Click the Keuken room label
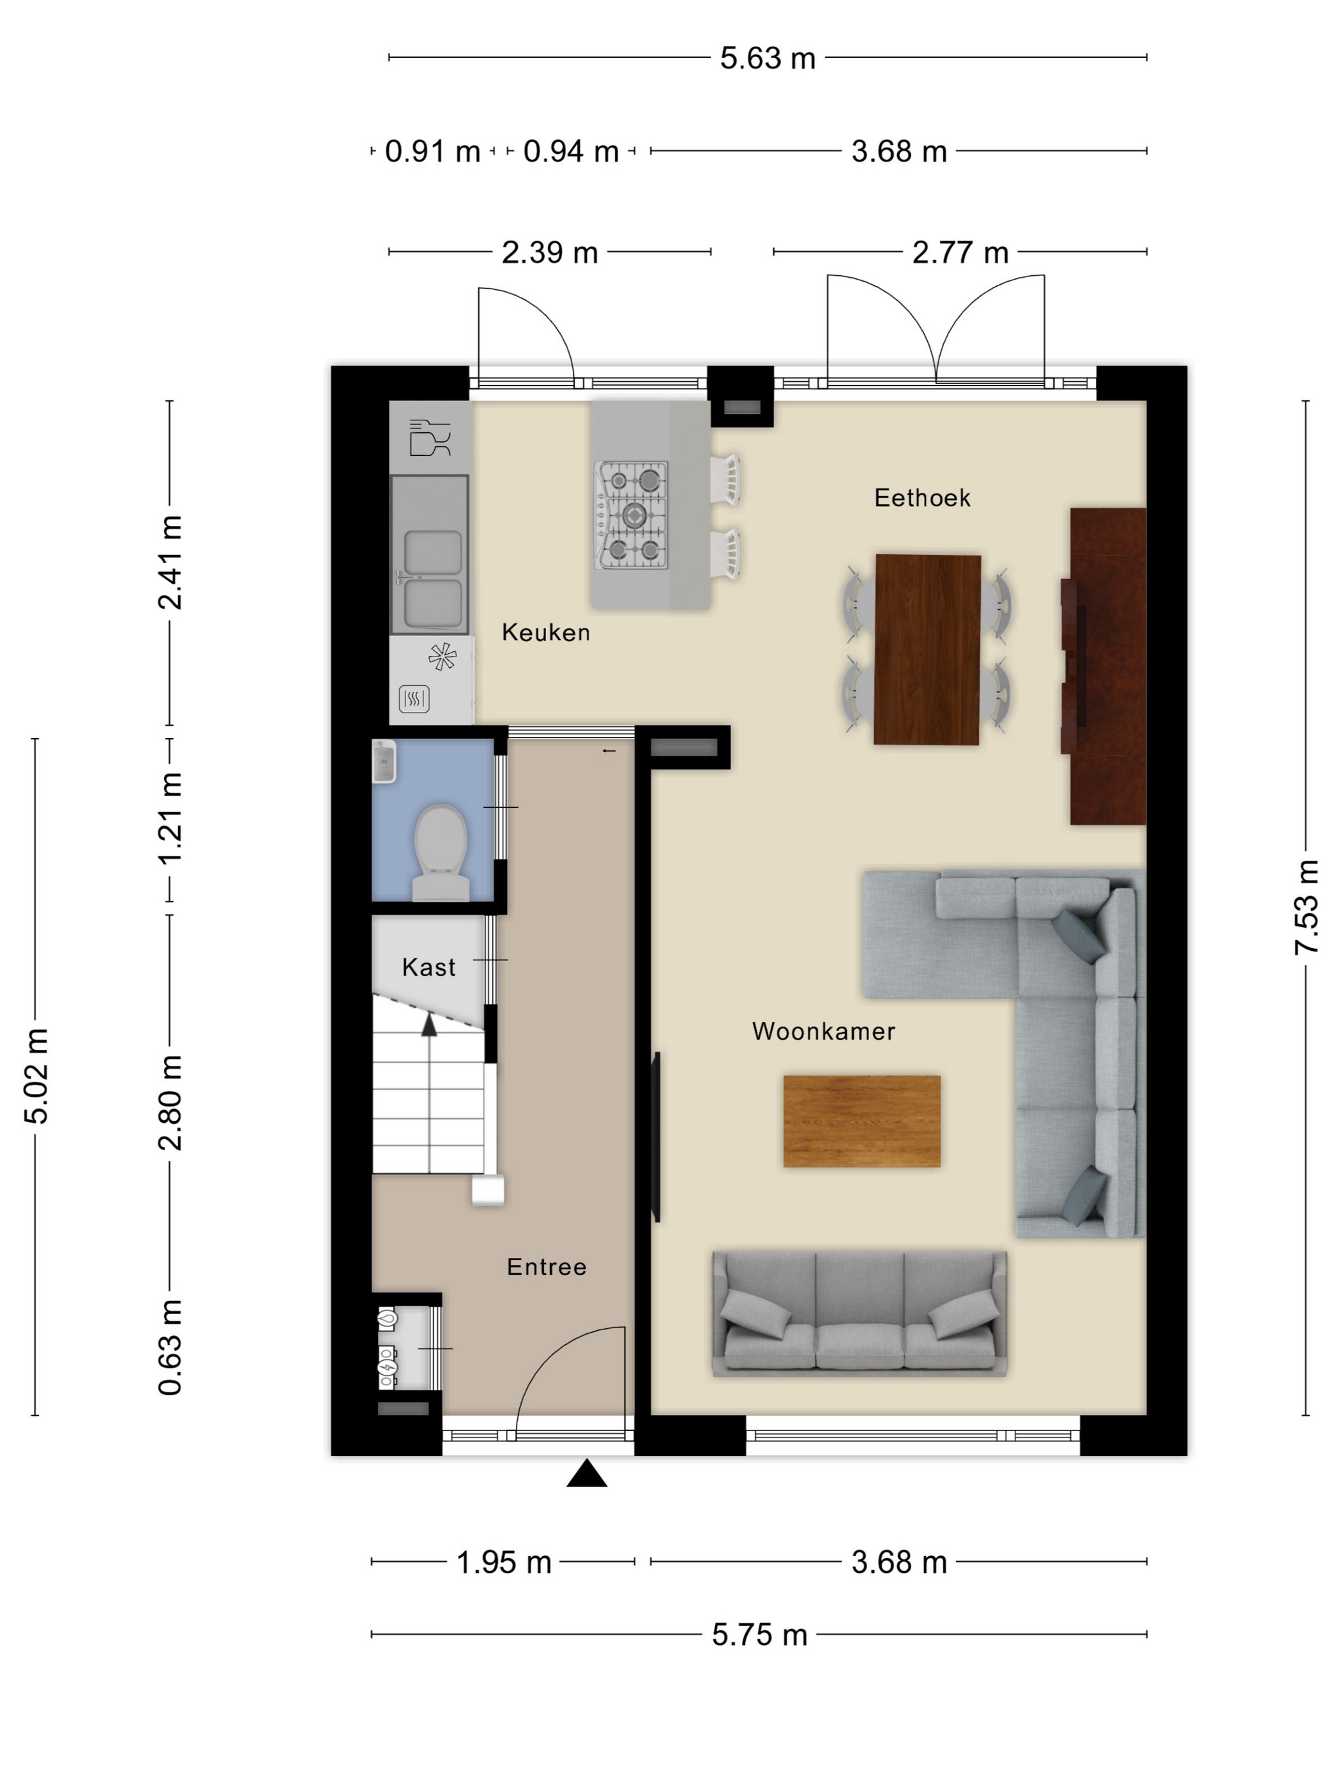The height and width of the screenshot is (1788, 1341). click(x=545, y=632)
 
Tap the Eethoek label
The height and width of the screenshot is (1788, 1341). click(x=922, y=497)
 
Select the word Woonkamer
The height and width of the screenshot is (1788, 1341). click(x=824, y=1031)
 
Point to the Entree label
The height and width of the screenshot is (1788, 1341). click(x=547, y=1267)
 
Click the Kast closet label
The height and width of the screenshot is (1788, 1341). click(x=428, y=967)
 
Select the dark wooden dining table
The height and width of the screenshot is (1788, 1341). click(x=927, y=649)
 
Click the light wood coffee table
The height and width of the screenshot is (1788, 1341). click(x=861, y=1121)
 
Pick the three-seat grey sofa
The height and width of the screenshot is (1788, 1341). click(x=860, y=1314)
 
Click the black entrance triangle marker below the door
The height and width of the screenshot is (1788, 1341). click(x=587, y=1474)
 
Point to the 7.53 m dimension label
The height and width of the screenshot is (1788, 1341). click(x=1307, y=907)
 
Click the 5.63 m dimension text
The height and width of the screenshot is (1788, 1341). click(x=768, y=58)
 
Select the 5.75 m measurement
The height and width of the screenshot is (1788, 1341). click(x=760, y=1634)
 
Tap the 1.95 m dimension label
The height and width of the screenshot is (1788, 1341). click(x=504, y=1562)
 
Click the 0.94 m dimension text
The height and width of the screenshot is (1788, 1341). click(x=571, y=151)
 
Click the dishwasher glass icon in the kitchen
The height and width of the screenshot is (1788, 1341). click(x=429, y=437)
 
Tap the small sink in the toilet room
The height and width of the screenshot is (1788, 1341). click(x=384, y=761)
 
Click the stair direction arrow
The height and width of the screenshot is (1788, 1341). click(x=429, y=1025)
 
